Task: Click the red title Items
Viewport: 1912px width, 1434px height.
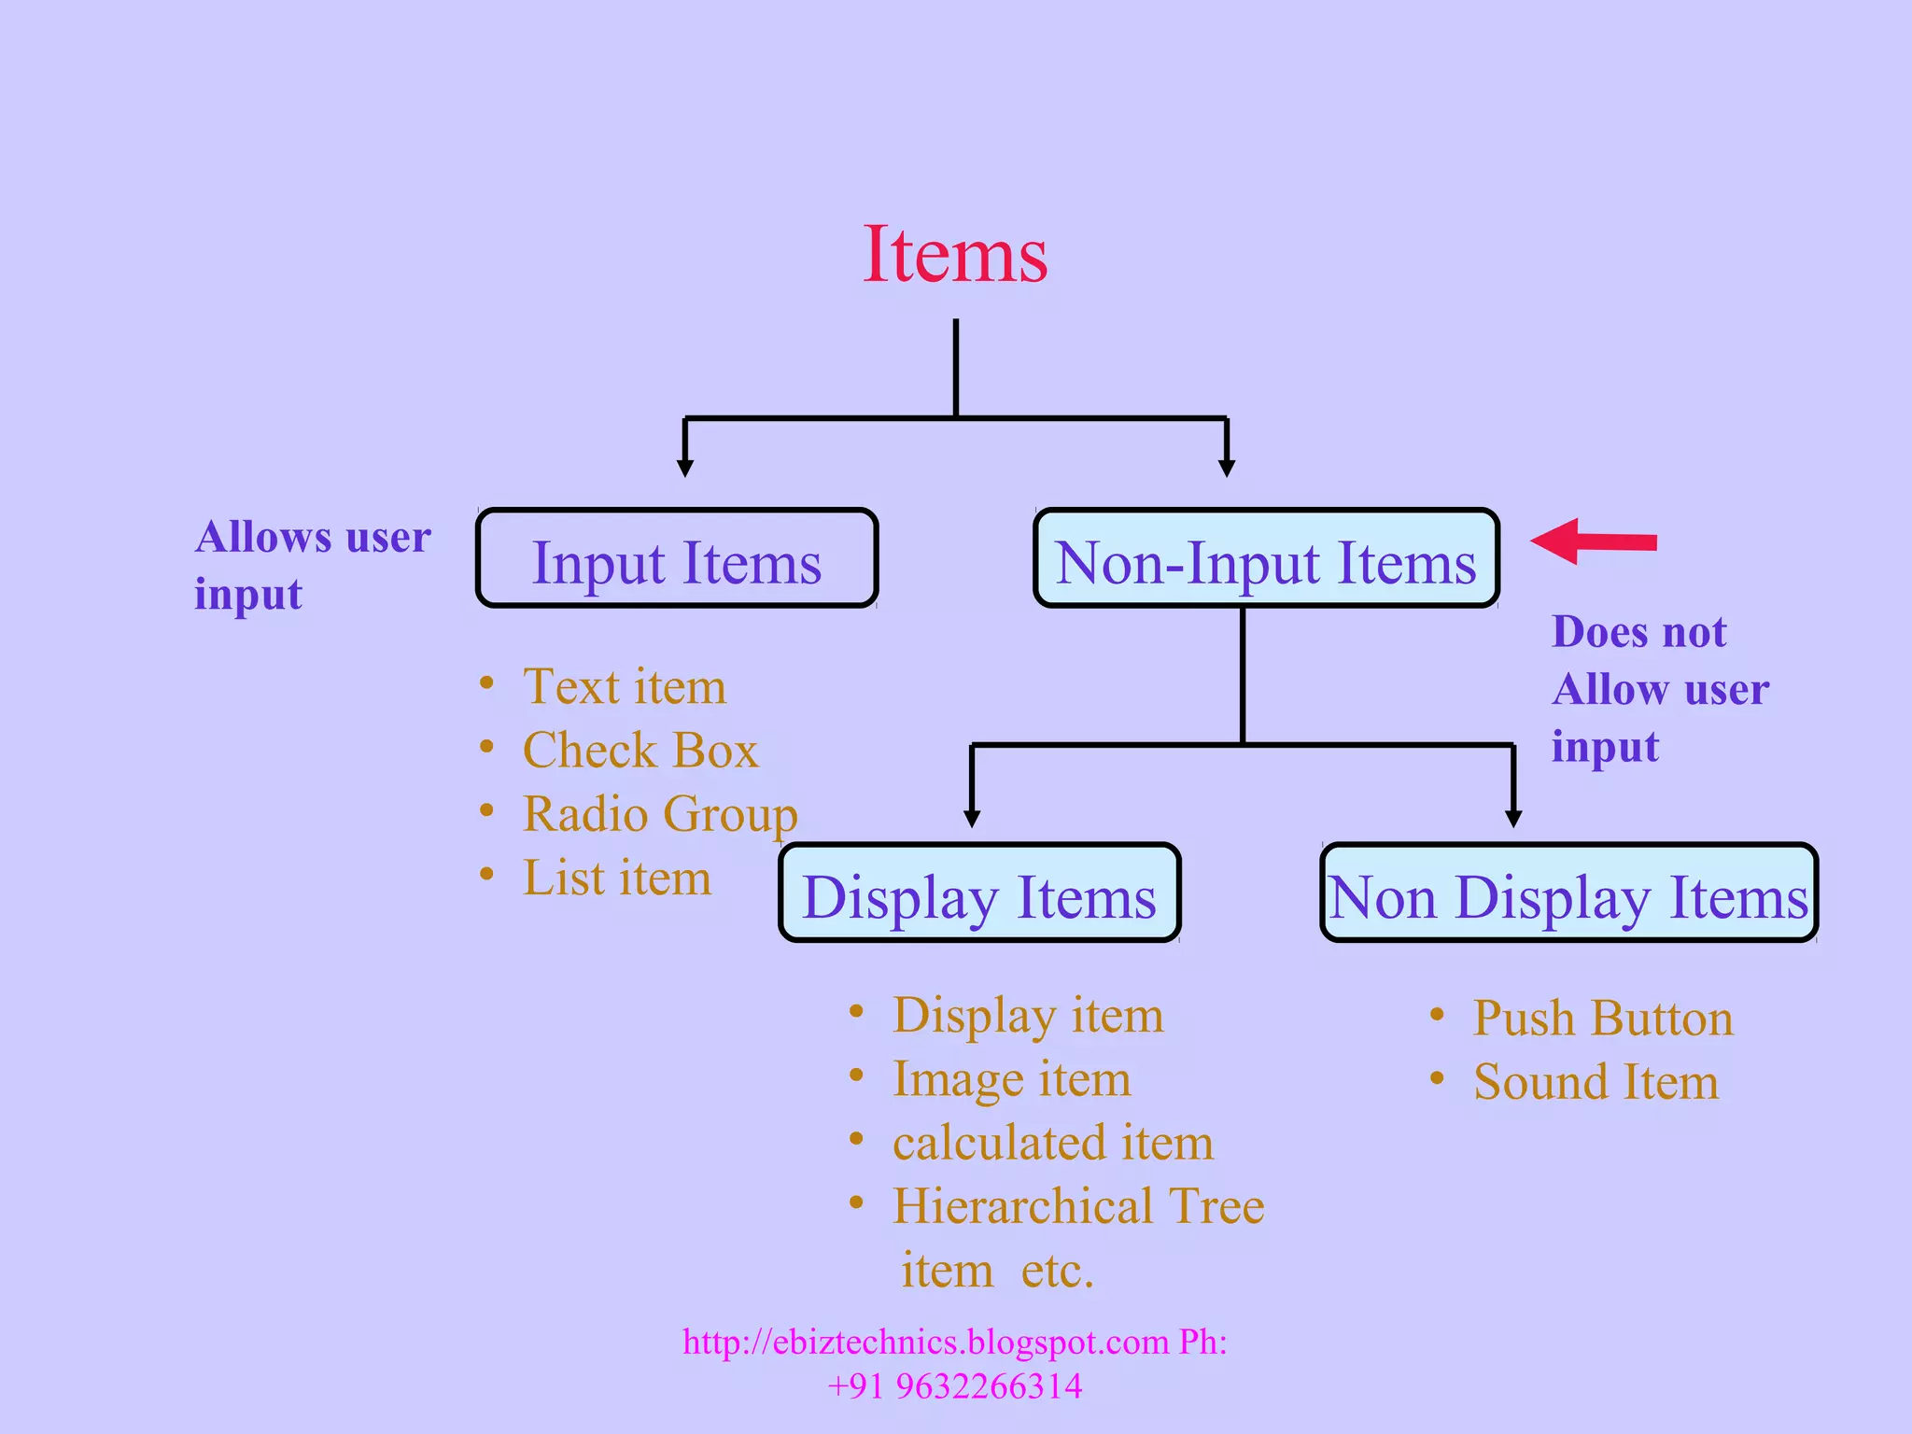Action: [x=955, y=255]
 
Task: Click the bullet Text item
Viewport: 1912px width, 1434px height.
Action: [x=624, y=687]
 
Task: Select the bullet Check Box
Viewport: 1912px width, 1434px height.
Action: [x=640, y=751]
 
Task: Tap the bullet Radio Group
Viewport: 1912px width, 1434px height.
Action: [x=660, y=814]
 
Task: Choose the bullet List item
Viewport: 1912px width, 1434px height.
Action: [x=616, y=878]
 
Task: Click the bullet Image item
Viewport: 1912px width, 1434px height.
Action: [x=1011, y=1079]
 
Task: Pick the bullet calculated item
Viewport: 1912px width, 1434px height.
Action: [x=1052, y=1143]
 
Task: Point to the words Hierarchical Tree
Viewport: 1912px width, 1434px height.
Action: [x=1078, y=1206]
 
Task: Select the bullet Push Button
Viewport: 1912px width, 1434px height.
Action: [x=1603, y=1018]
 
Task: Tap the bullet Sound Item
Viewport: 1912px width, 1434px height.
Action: [x=1596, y=1082]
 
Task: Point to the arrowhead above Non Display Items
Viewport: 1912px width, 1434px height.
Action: [x=1513, y=818]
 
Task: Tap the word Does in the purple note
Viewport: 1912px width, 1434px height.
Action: [x=1591, y=632]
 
